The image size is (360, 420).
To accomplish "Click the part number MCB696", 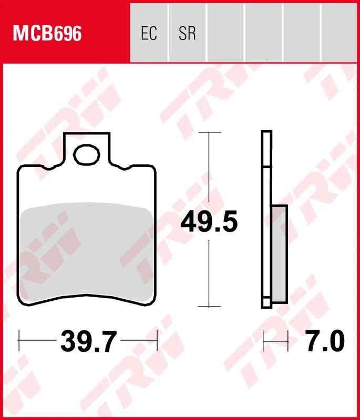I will click(x=47, y=33).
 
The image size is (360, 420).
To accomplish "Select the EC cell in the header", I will click(x=149, y=33).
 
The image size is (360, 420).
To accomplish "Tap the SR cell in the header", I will click(x=187, y=33).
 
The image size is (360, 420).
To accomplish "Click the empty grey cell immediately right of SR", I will click(x=225, y=33).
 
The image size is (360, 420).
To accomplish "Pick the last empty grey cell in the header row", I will click(x=340, y=33).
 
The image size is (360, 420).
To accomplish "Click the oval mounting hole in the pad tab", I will click(x=87, y=155).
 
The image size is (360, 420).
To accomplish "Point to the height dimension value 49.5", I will click(x=209, y=223).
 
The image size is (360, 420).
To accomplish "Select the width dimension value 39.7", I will click(x=88, y=342).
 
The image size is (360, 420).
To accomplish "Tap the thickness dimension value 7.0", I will click(x=325, y=342).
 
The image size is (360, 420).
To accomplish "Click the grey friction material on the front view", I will click(x=87, y=252).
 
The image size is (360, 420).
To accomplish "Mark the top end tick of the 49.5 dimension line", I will click(x=209, y=133).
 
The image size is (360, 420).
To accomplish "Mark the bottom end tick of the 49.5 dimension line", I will click(x=209, y=307).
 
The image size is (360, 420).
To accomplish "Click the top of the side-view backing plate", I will click(x=266, y=132).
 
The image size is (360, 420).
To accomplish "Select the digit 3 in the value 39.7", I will click(x=69, y=342).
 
